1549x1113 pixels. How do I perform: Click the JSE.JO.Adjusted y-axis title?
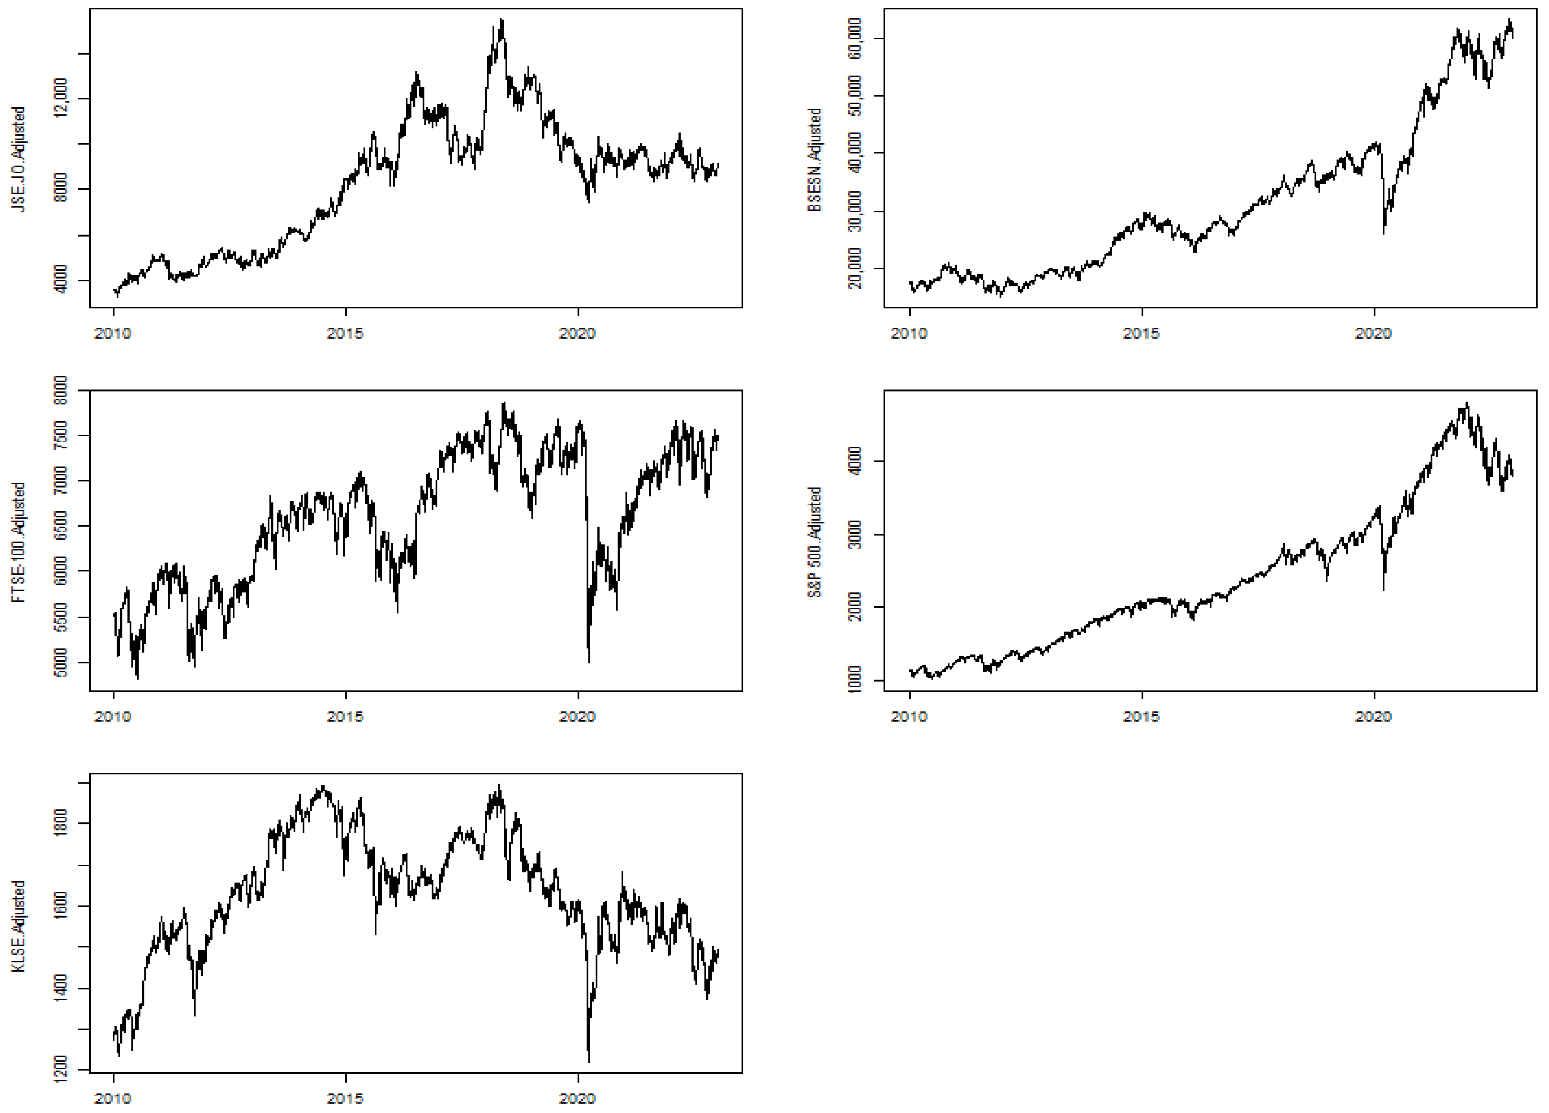coord(18,159)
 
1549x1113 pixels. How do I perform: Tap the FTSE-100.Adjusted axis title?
coord(18,542)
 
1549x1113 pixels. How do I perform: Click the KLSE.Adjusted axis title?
coord(18,926)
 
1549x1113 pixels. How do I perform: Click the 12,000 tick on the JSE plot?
coord(61,98)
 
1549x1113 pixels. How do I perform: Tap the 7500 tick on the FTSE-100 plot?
coord(61,436)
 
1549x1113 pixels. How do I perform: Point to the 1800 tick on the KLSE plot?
coord(61,824)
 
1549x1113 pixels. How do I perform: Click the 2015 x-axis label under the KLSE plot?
coord(345,1098)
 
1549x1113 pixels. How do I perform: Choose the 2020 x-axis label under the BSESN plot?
coord(1374,333)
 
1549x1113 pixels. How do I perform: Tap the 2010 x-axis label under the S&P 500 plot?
coord(909,717)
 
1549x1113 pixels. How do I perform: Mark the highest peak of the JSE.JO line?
coord(502,21)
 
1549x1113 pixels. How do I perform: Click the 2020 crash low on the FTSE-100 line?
coord(589,660)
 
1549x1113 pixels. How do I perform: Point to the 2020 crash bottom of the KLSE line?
coord(589,1061)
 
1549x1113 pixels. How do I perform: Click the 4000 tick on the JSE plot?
coord(61,280)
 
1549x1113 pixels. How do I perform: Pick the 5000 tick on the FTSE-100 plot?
coord(61,663)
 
